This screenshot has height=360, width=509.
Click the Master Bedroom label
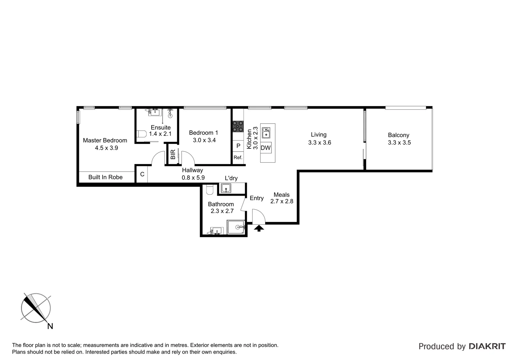click(105, 140)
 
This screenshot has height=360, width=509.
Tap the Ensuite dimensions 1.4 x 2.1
click(160, 134)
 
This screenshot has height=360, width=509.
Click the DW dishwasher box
click(266, 148)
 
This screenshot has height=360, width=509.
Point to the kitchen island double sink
click(266, 133)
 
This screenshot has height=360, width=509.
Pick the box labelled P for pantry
click(238, 146)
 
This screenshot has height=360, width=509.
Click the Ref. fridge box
click(238, 158)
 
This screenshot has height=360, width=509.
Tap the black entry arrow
click(259, 228)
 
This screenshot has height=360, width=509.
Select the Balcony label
click(398, 135)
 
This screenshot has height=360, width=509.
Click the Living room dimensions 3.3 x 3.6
click(320, 143)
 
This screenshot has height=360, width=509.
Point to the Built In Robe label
click(105, 177)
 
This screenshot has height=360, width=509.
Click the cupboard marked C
click(142, 174)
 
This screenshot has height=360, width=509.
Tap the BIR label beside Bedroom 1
click(173, 154)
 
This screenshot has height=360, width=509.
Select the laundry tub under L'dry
click(227, 188)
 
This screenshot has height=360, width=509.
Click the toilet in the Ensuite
click(142, 134)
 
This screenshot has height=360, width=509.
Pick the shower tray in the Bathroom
click(236, 227)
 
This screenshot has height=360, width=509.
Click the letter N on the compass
click(50, 326)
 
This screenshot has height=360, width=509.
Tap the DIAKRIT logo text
click(487, 346)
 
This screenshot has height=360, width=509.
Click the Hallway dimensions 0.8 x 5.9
click(193, 178)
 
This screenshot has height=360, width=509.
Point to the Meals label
click(281, 195)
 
